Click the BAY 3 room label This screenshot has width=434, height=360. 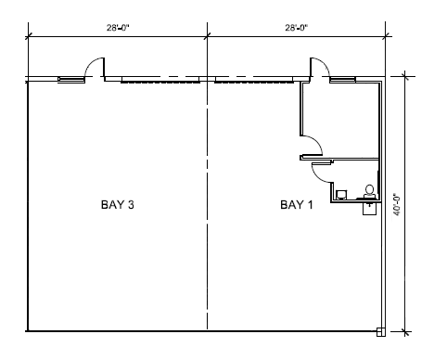pyautogui.click(x=119, y=203)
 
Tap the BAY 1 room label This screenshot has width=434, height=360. pyautogui.click(x=297, y=203)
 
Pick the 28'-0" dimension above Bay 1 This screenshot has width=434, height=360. pyautogui.click(x=296, y=29)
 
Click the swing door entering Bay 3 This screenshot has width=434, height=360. pyautogui.click(x=94, y=70)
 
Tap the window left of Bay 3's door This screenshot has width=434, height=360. pyautogui.click(x=69, y=80)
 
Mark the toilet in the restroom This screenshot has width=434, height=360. pyautogui.click(x=369, y=192)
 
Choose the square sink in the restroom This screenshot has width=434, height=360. pyautogui.click(x=341, y=195)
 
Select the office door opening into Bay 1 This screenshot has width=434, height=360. pyautogui.click(x=313, y=145)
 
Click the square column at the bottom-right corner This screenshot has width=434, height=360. pyautogui.click(x=380, y=330)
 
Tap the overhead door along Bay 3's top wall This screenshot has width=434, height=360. pyautogui.click(x=153, y=81)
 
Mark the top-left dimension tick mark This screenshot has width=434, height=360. pyautogui.click(x=28, y=37)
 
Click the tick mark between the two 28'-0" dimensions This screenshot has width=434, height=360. pyautogui.click(x=206, y=37)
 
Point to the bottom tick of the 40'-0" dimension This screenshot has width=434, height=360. pyautogui.click(x=405, y=330)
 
